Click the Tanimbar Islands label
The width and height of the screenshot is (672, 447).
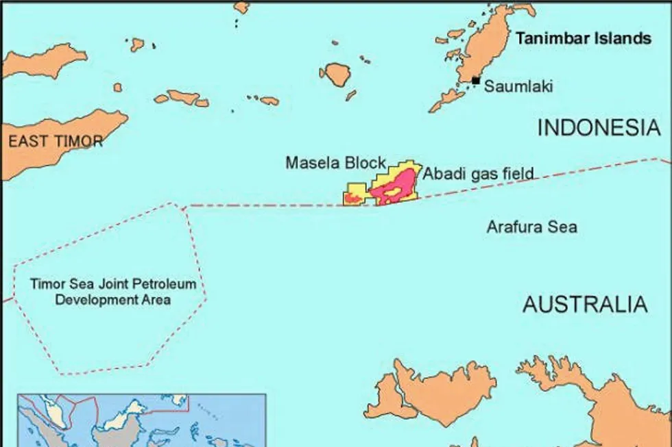(x=583, y=38)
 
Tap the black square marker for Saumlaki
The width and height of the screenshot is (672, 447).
(x=476, y=81)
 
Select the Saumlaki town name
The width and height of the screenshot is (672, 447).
(x=518, y=86)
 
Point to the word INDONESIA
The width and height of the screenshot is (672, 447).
(x=599, y=128)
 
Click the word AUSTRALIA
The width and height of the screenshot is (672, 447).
(x=584, y=304)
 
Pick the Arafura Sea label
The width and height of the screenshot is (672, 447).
(x=531, y=227)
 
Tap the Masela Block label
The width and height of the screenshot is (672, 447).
(x=335, y=163)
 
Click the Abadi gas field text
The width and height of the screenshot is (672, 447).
(x=478, y=174)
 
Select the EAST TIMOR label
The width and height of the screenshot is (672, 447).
(x=55, y=142)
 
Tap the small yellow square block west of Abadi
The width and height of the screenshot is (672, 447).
(x=355, y=195)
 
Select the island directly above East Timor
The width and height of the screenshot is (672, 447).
(x=45, y=60)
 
